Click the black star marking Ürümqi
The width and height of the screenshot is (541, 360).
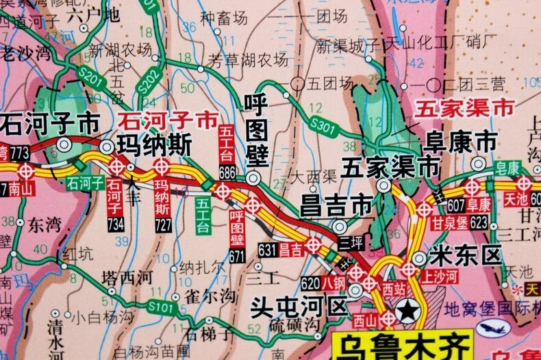pyautogui.click(x=407, y=312)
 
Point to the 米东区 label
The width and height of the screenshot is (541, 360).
pyautogui.click(x=465, y=256)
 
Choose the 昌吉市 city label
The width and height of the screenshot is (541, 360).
pyautogui.click(x=336, y=205)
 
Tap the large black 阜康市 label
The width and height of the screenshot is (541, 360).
pyautogui.click(x=460, y=142)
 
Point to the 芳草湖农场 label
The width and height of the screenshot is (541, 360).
pyautogui.click(x=248, y=60)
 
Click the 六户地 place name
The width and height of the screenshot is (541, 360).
pyautogui.click(x=94, y=14)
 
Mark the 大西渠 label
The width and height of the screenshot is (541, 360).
pyautogui.click(x=312, y=177)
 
